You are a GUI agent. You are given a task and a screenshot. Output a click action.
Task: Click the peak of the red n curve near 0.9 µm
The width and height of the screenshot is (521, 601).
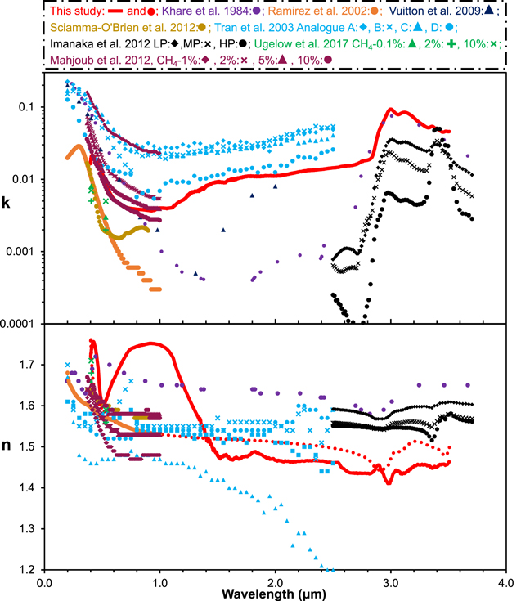[150, 343]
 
